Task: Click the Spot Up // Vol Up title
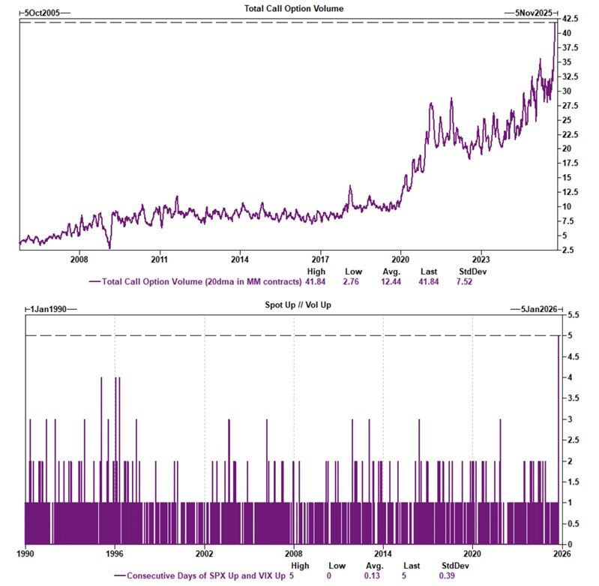point(293,308)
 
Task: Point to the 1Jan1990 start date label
point(52,308)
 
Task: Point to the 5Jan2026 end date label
point(538,308)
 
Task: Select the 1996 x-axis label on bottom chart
point(115,554)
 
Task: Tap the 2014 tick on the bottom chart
point(383,554)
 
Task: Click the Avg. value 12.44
point(391,282)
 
